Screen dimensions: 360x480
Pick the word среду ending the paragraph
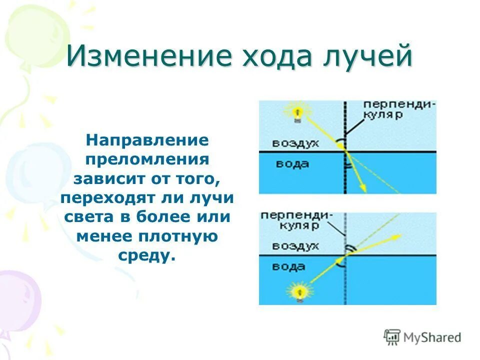(x=147, y=255)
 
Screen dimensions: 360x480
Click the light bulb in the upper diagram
(x=297, y=111)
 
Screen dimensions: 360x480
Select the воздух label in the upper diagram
(x=295, y=143)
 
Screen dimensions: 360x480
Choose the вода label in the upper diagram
(x=292, y=164)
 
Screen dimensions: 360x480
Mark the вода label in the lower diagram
(x=288, y=266)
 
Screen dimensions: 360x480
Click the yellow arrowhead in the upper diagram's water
(x=364, y=188)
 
